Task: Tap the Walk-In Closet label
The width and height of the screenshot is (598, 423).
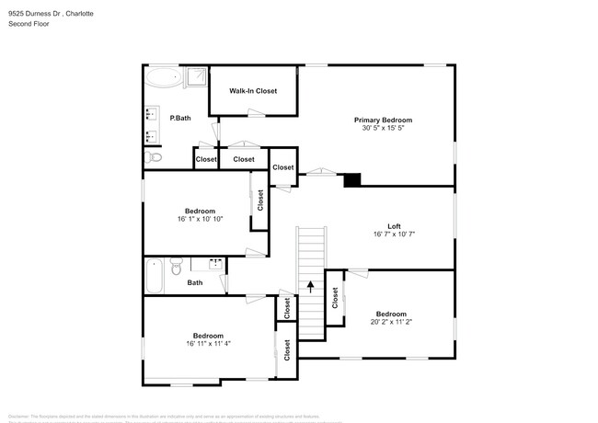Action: (253, 91)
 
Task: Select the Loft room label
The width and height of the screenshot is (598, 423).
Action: (394, 226)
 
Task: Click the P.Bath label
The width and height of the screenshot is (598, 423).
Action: (179, 118)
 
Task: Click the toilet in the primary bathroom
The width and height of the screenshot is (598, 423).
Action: (154, 158)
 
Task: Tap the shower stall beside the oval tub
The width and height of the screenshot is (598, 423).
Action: (196, 77)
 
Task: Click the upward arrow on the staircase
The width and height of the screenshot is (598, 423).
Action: (311, 287)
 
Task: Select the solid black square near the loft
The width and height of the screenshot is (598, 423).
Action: (352, 179)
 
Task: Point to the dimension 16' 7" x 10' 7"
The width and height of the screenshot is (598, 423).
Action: (394, 234)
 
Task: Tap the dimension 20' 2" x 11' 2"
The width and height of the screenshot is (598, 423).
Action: (390, 322)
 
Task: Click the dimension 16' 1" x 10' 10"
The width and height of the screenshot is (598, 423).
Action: (200, 218)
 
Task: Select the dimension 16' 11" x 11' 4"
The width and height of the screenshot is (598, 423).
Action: (207, 344)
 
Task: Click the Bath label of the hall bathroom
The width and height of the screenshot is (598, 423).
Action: (195, 283)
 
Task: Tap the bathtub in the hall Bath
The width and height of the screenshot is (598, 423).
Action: (155, 276)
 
